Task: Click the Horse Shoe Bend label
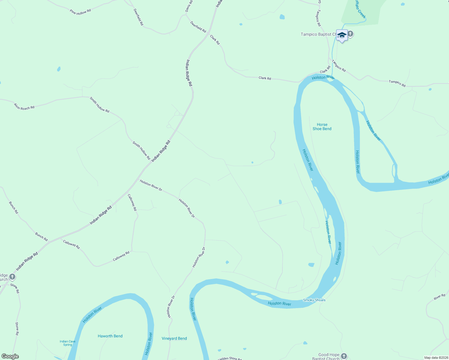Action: (x=322, y=127)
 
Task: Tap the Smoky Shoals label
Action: (x=314, y=300)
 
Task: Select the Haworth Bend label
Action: (x=110, y=336)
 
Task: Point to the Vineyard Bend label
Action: (x=174, y=338)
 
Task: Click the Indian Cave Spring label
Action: (x=68, y=343)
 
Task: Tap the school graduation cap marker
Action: (x=342, y=35)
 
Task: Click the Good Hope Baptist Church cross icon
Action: (x=344, y=356)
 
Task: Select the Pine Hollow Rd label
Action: (x=80, y=12)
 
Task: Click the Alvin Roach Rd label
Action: (x=24, y=106)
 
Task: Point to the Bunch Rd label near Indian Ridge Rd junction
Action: (x=41, y=237)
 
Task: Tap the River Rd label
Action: (x=439, y=297)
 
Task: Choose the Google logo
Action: (x=10, y=356)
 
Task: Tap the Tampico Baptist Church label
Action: (x=318, y=34)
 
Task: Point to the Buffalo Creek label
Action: (x=360, y=9)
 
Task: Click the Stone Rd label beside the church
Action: (x=15, y=288)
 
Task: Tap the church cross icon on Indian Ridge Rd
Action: (x=12, y=276)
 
